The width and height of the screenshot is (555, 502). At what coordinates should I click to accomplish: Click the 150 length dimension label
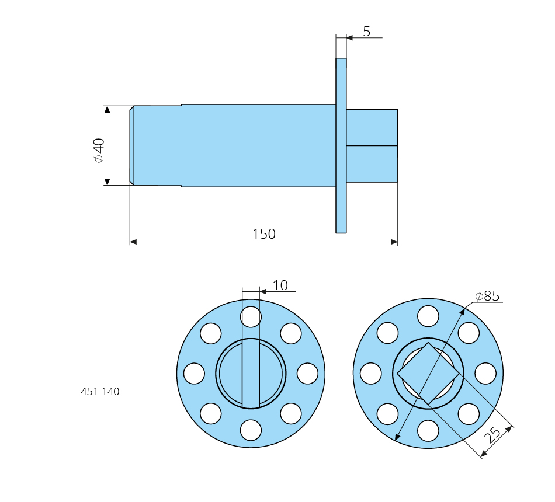pos(263,234)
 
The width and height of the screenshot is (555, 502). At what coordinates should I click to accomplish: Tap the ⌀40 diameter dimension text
pos(99,151)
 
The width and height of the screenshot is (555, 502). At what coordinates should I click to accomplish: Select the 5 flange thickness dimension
pos(367,32)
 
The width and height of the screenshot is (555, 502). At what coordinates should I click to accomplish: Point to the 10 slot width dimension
pos(280,285)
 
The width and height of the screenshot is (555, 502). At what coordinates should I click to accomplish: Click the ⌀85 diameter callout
pos(487,296)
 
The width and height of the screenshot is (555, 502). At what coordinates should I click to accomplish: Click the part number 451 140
pos(100,392)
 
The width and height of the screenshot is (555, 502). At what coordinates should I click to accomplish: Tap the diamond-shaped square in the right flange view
pos(428,374)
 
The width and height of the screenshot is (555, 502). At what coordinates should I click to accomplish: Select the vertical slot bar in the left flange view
pos(251,373)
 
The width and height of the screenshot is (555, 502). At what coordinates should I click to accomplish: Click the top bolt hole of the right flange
pos(428,316)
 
